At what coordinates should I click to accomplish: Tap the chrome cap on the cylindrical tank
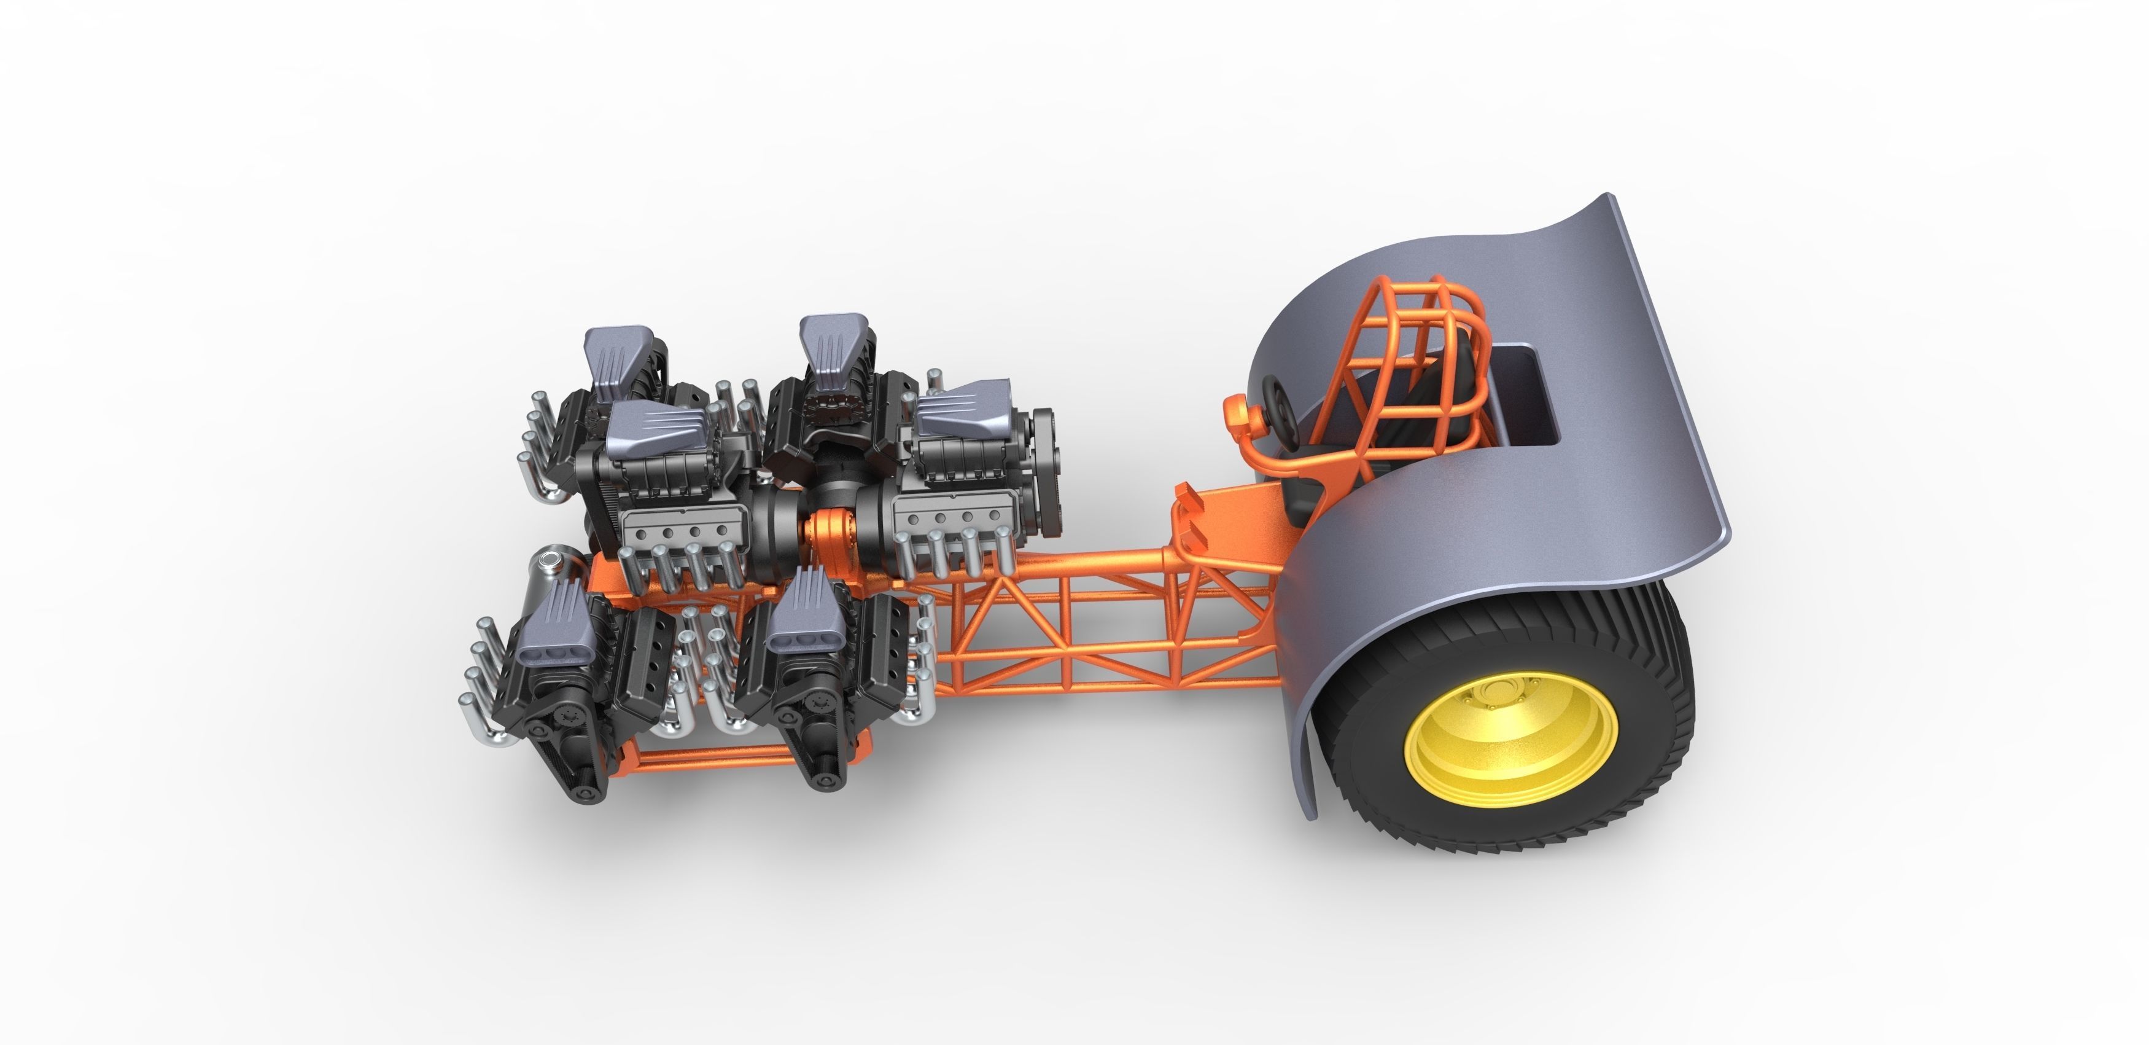[551, 558]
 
